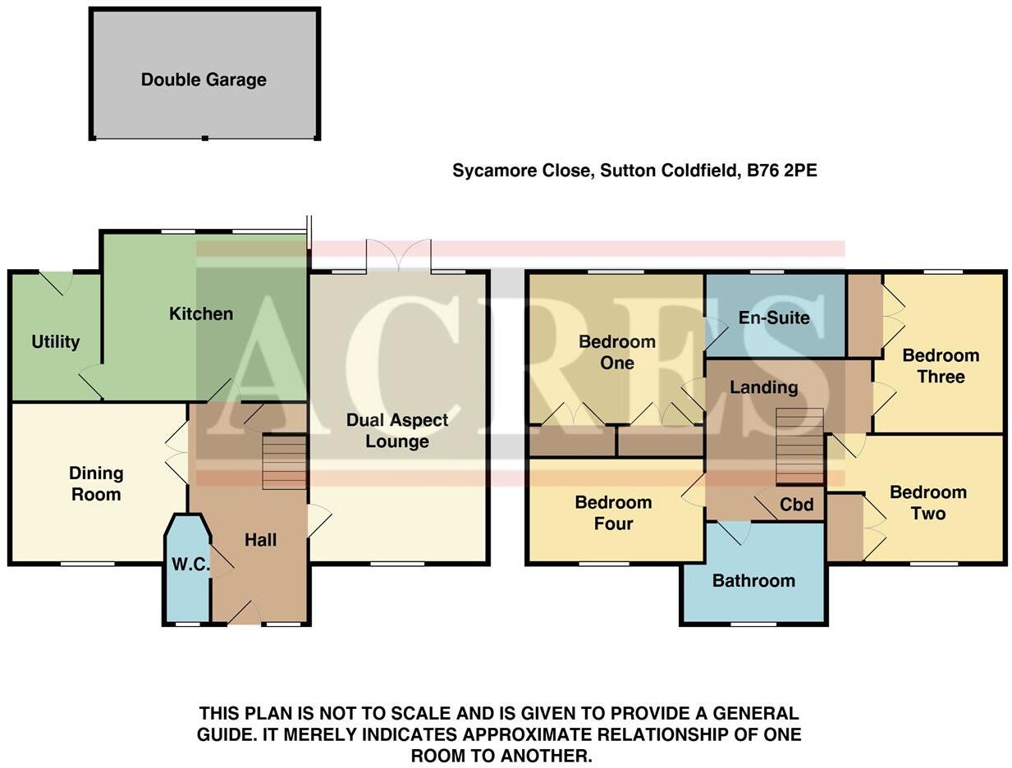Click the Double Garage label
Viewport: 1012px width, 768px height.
point(204,80)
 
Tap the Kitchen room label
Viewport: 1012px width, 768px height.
point(201,313)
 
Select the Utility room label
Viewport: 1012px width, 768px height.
point(55,341)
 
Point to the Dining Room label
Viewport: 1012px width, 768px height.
point(96,483)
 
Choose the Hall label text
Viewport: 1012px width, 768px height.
point(260,540)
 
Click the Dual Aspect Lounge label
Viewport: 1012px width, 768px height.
point(397,431)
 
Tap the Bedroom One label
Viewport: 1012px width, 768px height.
point(617,352)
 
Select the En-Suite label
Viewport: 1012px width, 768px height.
point(774,318)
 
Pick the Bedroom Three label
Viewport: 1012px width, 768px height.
point(941,366)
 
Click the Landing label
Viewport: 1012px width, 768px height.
point(763,387)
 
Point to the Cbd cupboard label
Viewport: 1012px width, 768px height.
point(796,505)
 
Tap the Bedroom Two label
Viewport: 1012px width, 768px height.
point(928,503)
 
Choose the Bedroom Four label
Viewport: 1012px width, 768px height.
point(613,513)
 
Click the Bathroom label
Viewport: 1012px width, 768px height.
point(753,581)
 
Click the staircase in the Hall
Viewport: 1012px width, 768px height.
point(284,462)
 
